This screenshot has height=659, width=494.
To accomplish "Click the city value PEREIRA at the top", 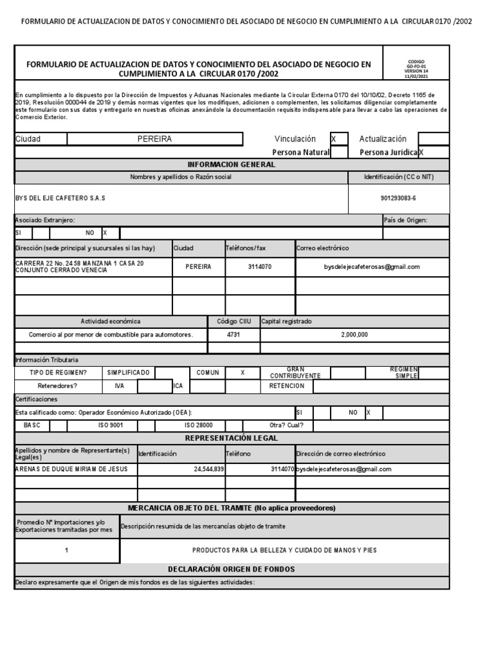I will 154,139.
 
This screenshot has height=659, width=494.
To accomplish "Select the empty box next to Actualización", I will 433,139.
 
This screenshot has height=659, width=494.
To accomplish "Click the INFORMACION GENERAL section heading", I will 232,165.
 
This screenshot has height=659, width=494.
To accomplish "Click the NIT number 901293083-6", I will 398,198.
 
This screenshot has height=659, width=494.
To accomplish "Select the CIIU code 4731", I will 233,335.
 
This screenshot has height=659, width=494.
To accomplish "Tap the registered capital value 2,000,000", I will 354,335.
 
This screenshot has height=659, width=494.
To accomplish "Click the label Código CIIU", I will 233,321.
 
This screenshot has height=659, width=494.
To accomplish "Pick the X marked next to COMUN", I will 242,373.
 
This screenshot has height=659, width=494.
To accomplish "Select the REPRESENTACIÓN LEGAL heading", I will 232,438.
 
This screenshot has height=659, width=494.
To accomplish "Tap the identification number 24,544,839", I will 208,469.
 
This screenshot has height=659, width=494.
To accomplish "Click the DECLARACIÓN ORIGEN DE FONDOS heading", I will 232,569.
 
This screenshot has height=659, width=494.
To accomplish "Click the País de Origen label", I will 405,220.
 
